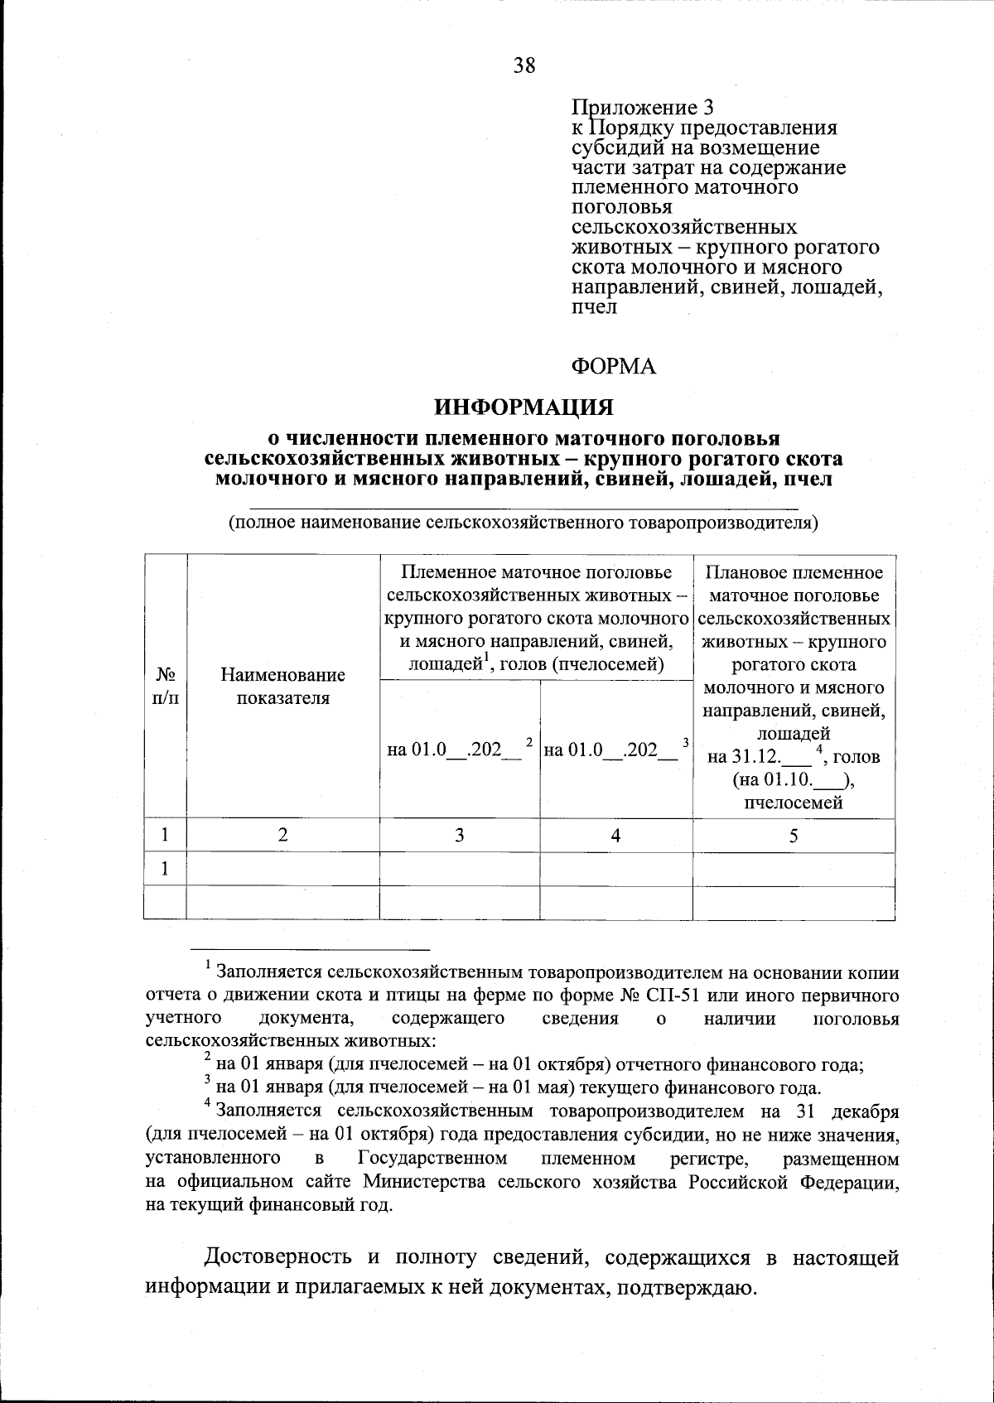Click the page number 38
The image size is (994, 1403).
tap(524, 65)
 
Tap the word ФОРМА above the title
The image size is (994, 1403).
tap(613, 366)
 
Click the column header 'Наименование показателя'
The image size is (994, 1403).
tap(282, 686)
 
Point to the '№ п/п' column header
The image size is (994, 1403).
tap(165, 686)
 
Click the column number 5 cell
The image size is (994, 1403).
tap(793, 836)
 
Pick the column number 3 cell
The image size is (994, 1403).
tap(459, 836)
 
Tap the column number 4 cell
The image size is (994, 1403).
tap(615, 836)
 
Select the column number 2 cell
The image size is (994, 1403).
tap(282, 836)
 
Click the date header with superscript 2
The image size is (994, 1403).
tap(458, 750)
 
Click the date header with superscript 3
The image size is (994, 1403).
tap(615, 750)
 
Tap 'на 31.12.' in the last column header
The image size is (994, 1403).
tap(743, 757)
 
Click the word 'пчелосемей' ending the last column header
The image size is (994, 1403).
tap(793, 802)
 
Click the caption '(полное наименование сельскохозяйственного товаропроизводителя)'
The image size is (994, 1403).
tap(524, 523)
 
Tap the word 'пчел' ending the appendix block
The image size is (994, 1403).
tap(594, 307)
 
